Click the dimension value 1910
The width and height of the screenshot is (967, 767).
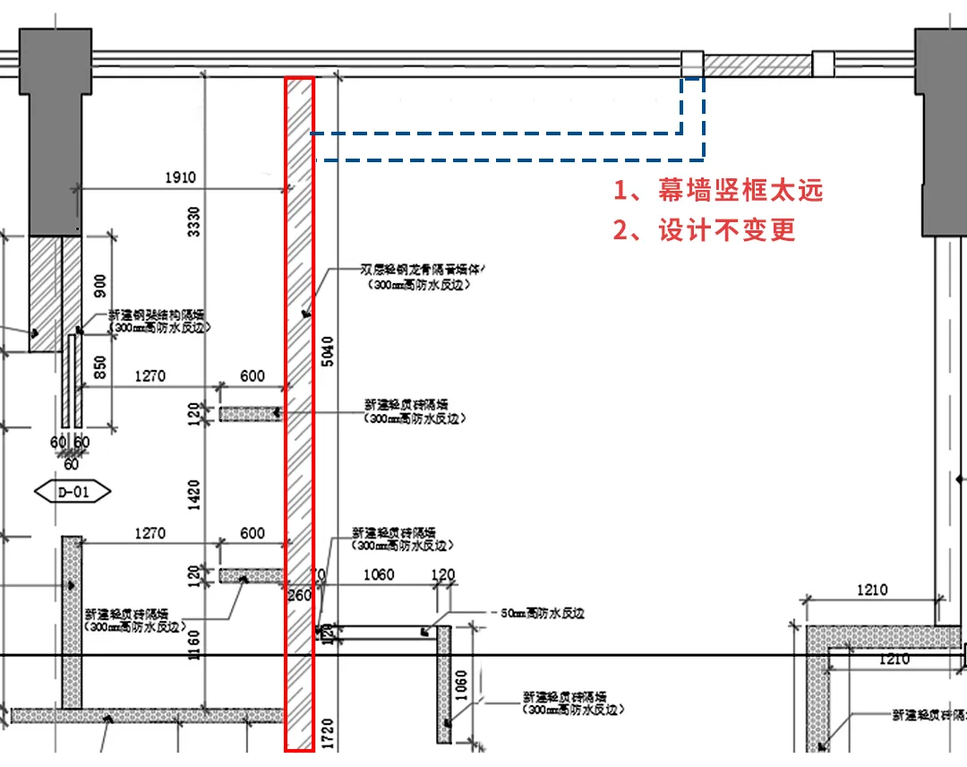click(180, 178)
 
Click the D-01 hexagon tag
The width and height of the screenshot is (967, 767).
click(73, 491)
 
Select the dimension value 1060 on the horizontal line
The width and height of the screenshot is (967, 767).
click(378, 574)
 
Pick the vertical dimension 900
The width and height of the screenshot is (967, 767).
click(100, 284)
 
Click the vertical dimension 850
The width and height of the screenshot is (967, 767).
click(100, 366)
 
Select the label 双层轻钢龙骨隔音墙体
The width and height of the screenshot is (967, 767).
click(421, 269)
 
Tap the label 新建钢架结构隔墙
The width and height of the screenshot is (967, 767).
click(157, 315)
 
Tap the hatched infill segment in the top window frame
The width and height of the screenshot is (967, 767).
click(757, 65)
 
